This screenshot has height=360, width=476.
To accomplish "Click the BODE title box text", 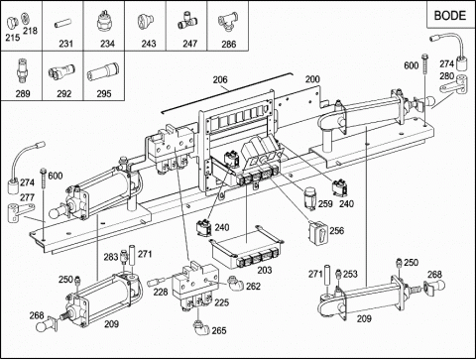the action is (x=450, y=15).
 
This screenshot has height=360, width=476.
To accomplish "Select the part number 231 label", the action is (x=65, y=44).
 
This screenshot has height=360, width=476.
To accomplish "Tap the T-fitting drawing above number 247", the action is (x=187, y=20).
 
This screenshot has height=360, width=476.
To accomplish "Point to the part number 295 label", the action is (x=104, y=93).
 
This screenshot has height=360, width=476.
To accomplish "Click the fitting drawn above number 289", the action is (x=22, y=71).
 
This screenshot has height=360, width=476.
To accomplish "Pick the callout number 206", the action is (x=220, y=79).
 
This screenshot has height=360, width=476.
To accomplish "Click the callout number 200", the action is (x=312, y=79).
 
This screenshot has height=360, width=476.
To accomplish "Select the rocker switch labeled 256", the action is (x=318, y=233).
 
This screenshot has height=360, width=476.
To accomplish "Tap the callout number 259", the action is (x=325, y=203).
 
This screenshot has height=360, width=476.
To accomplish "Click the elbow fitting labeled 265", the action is (x=201, y=327).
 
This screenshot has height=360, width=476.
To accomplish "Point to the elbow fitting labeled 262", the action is (x=235, y=283).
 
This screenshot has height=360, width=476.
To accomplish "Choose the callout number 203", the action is (x=265, y=270).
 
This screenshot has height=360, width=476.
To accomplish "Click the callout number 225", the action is (x=221, y=302).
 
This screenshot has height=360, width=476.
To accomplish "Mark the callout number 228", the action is (x=161, y=292).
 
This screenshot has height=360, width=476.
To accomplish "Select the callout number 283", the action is (x=111, y=257).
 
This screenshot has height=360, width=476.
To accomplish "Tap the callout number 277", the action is (x=27, y=197).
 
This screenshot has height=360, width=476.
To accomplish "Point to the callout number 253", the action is (x=350, y=274).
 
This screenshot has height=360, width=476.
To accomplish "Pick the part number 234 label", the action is (x=107, y=44).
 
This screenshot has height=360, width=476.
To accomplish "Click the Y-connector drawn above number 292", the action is (x=61, y=71).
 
